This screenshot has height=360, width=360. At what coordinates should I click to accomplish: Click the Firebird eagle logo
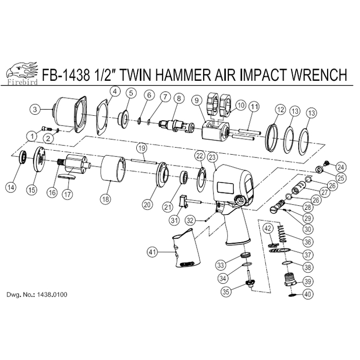22,73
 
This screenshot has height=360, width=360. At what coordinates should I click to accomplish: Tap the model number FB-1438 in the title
66,75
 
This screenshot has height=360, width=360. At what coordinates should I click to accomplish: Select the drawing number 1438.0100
52,294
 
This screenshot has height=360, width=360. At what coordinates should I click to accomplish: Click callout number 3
35,109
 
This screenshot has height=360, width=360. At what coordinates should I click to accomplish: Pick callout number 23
212,157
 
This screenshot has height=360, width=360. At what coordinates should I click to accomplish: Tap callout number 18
105,199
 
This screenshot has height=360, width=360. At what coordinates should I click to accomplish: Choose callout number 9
197,100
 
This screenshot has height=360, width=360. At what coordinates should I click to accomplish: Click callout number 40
308,294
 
